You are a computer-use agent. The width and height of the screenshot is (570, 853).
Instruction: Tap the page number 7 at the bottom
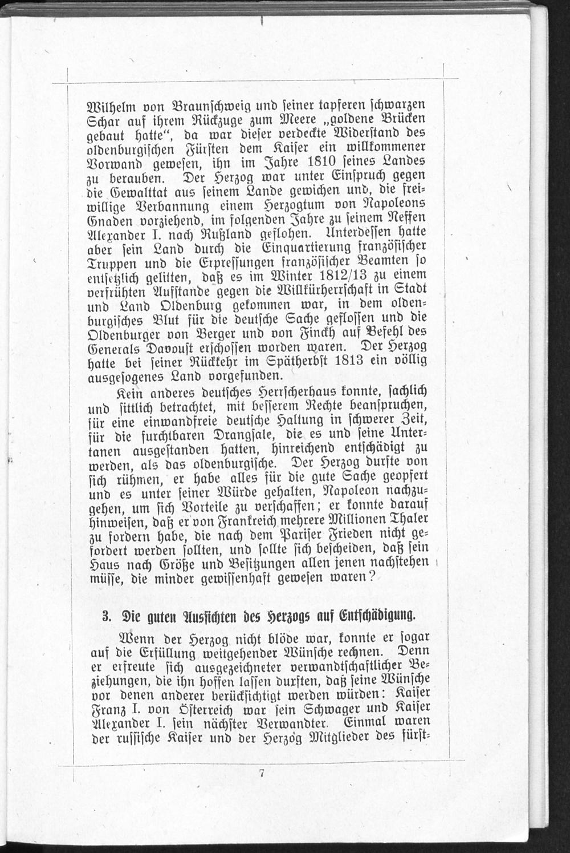click(x=262, y=774)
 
